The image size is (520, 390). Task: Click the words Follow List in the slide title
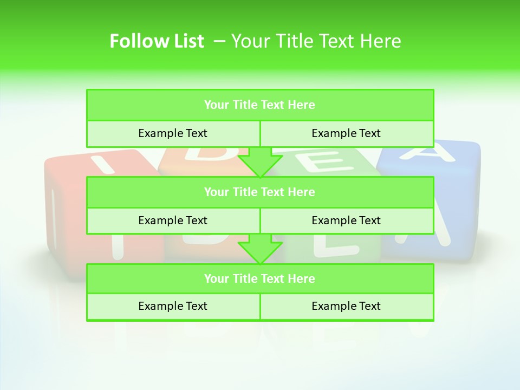157,41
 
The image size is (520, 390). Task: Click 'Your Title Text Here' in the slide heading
316,41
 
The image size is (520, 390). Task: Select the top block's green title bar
260,105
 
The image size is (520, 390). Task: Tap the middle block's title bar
260,192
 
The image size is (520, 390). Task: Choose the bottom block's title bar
260,279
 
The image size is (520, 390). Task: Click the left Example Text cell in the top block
173,134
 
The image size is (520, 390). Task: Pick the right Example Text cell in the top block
347,134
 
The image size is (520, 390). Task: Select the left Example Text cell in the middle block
173,221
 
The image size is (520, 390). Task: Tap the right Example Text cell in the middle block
347,221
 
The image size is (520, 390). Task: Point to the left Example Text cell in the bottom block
173,307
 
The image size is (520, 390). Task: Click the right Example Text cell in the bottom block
347,307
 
